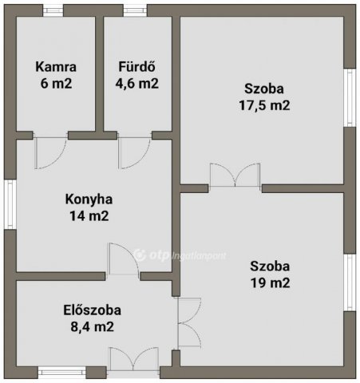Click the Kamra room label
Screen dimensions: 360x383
pos(56,67)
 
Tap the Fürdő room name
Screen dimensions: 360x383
pos(136,66)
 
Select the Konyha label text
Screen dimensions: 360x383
pos(89,199)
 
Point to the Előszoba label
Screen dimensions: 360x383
pos(92,310)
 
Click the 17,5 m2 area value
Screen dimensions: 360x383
pos(264,105)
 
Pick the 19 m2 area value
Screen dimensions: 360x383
pos(270,282)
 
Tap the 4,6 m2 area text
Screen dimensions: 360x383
pos(136,83)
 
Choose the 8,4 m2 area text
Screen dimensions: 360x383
pos(92,326)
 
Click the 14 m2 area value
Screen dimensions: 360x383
pos(89,215)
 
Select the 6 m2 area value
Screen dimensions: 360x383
pos(56,84)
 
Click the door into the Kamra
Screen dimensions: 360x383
pos(50,152)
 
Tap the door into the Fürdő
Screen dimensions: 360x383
pos(134,152)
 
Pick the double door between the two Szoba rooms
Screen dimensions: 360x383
pos(235,176)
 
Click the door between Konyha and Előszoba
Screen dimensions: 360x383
pos(123,259)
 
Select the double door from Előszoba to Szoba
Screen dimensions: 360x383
pos(189,322)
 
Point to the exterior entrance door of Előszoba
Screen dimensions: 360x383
pos(134,360)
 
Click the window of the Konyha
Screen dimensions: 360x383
pos(10,204)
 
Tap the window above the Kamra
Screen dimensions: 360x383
pos(53,10)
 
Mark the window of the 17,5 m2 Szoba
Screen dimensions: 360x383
pos(350,97)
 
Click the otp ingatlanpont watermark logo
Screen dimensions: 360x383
pos(180,255)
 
